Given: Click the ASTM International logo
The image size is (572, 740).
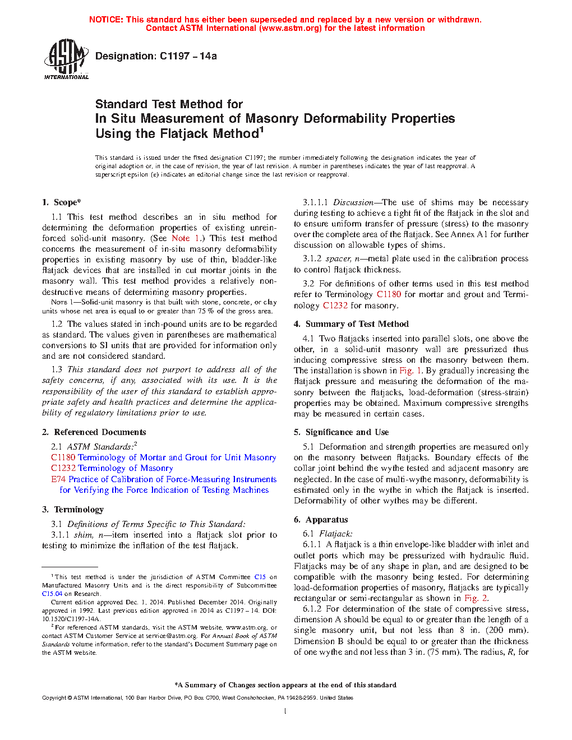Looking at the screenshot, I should (66, 59).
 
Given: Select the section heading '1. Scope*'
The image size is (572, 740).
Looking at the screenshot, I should (61, 202).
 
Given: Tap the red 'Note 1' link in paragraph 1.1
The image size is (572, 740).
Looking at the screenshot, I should (185, 238).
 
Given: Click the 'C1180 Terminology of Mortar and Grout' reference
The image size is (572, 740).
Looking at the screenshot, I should (163, 457).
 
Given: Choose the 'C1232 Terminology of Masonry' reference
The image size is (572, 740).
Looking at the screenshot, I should (112, 468).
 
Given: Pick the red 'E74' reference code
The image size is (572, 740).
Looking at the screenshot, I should (58, 479).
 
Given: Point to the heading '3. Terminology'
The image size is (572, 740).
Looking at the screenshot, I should (73, 510).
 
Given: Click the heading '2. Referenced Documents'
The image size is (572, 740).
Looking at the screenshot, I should (94, 432).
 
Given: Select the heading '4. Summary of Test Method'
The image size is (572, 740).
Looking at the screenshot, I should (351, 324).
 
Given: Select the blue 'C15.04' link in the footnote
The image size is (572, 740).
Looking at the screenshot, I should (52, 594).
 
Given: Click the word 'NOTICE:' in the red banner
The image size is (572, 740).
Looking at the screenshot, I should (106, 20).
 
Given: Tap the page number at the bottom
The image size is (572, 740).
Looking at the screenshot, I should (285, 711).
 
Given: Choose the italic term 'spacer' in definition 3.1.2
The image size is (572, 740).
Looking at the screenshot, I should (338, 258).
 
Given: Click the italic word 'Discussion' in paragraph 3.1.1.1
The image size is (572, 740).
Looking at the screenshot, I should (353, 202).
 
